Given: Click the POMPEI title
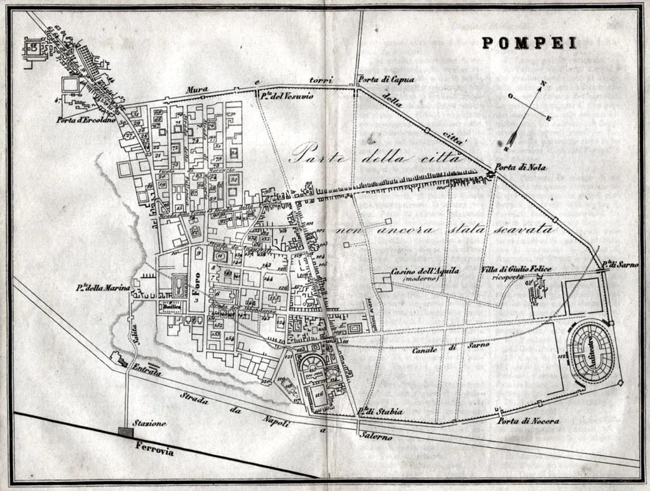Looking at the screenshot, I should point(520,43).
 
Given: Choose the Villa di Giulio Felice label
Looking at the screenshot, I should point(515,270).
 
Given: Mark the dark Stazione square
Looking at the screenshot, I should point(126,432).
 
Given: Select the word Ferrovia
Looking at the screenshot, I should point(154,446).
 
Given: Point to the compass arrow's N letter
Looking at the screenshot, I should point(543,83).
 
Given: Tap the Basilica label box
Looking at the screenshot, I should point(172,307).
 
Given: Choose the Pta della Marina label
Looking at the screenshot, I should point(103,289).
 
